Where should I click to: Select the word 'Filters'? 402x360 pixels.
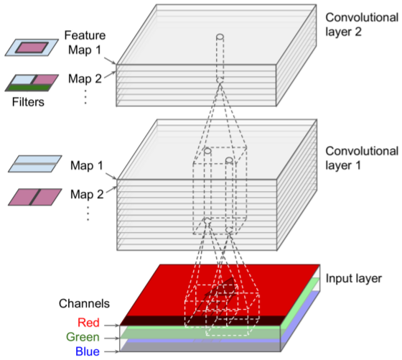pos(29,102)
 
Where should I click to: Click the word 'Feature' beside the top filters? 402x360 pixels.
pos(85,34)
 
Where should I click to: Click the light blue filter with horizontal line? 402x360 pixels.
pos(29,165)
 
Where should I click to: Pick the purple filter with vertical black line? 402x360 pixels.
pos(29,194)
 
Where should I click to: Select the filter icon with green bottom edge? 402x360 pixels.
pos(29,80)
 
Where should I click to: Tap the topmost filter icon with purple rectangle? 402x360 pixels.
pos(29,47)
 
